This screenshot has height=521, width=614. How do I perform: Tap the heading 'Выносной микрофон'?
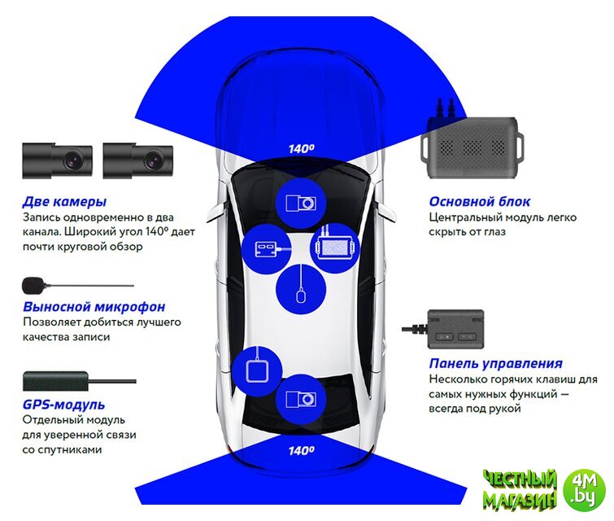coord(94,307)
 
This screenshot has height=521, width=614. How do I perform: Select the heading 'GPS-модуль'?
coord(64,405)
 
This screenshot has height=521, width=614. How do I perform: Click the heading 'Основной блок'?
coord(480,202)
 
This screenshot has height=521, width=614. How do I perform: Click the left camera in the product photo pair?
coord(57,160)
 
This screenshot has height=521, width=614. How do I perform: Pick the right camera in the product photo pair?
coord(139,160)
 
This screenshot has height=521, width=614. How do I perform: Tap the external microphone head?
coord(33,285)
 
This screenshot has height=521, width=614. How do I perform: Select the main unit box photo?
coord(470,147)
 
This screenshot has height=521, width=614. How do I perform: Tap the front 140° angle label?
coord(301,149)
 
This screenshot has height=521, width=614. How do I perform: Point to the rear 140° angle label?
coord(301,450)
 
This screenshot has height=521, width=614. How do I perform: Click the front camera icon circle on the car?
coord(300,202)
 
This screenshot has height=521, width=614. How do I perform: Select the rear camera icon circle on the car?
coord(300,399)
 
